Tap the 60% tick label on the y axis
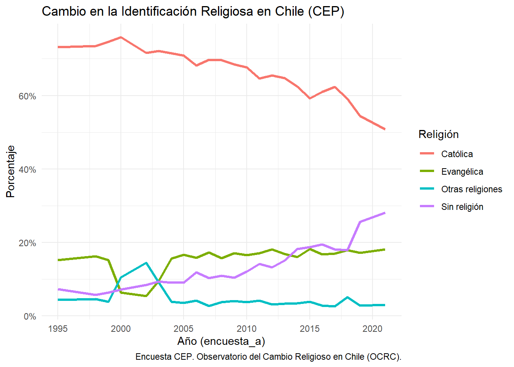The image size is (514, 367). tap(27, 96)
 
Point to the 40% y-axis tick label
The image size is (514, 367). tap(27, 169)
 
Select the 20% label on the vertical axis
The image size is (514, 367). tap(27, 243)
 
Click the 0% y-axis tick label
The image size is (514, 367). tap(30, 317)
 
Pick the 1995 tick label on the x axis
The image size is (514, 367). tap(58, 329)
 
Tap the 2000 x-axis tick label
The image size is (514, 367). tap(121, 329)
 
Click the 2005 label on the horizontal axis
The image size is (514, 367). tap(184, 329)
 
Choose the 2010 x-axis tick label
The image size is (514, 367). tap(247, 329)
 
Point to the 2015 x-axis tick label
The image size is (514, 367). tap(309, 329)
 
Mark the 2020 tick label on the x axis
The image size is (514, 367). tap(372, 329)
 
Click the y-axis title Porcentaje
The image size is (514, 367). tap(11, 171)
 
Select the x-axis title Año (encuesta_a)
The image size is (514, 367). tap(221, 341)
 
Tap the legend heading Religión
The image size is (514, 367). tap(438, 134)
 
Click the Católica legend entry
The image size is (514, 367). tap(457, 154)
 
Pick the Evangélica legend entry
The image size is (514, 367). tap(462, 172)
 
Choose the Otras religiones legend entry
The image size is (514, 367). tap(472, 189)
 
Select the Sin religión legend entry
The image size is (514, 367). tap(462, 207)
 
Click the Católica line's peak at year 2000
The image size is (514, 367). tap(121, 37)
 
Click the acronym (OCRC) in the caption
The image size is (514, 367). tap(384, 357)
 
